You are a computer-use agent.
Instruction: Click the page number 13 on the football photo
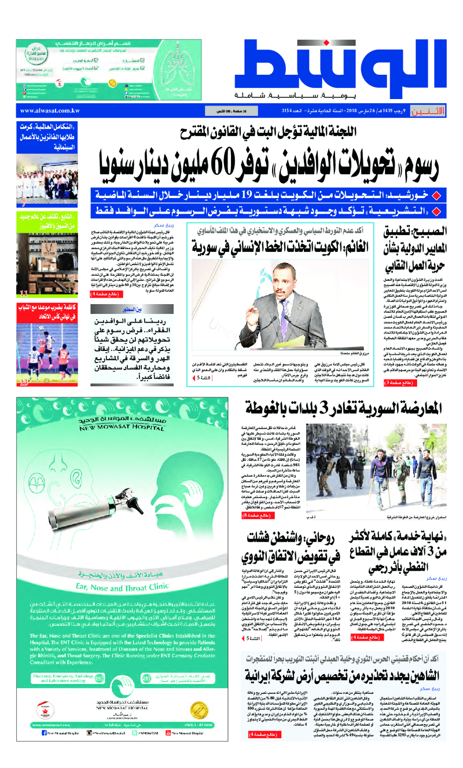tap(24, 382)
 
